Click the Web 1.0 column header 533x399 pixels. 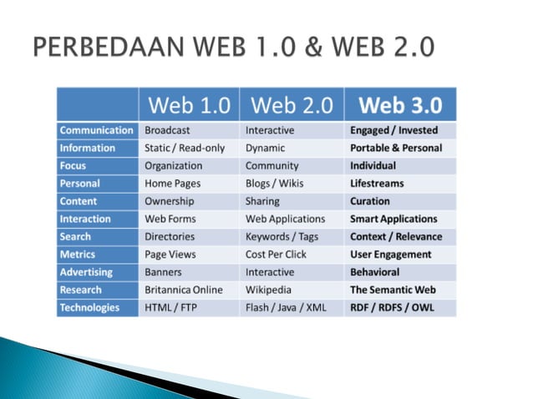[189, 105]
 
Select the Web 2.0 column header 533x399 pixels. [291, 105]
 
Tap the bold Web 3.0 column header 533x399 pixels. [400, 105]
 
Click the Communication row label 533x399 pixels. [96, 130]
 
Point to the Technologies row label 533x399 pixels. [89, 308]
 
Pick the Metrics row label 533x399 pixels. [78, 255]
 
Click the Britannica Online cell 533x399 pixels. [184, 290]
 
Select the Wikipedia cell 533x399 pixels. [269, 290]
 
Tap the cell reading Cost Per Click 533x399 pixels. [275, 255]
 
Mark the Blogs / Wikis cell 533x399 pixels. [274, 184]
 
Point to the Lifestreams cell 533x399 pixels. [377, 184]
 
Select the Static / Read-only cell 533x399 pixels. [185, 148]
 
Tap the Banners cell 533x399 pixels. [163, 272]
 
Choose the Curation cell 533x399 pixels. [370, 201]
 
